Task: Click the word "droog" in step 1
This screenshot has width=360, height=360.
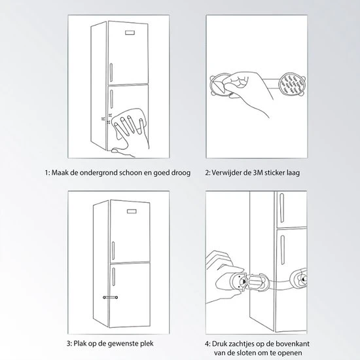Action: click(x=181, y=173)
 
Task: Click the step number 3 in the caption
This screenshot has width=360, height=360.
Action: click(x=69, y=344)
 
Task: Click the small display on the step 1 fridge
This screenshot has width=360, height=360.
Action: click(x=131, y=33)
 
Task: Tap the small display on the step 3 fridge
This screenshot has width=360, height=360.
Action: click(x=132, y=211)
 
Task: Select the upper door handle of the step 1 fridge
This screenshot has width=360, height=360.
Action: click(x=111, y=73)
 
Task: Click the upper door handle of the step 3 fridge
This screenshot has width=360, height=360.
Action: click(x=113, y=251)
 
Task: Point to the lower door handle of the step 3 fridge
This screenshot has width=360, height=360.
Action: click(x=114, y=277)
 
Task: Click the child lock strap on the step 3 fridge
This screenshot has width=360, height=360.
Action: click(x=111, y=297)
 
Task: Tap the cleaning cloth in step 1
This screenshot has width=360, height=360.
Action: click(x=129, y=124)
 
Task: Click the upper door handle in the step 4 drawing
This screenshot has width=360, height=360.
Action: click(x=281, y=208)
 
